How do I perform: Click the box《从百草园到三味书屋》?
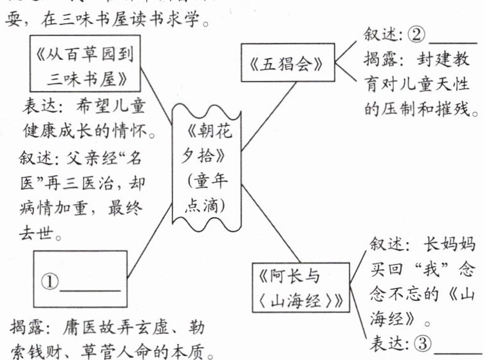(84, 65)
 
